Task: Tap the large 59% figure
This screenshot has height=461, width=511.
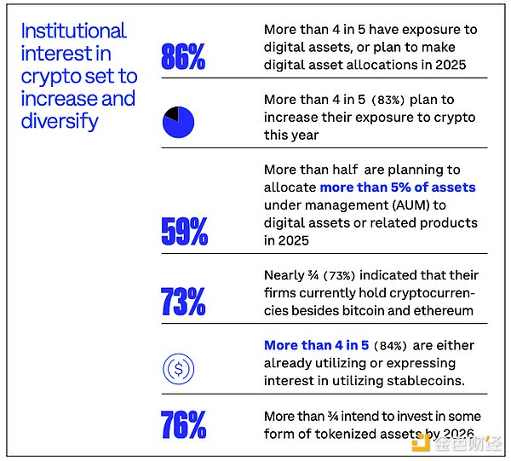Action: coord(183,232)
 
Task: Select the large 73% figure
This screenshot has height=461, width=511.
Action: coord(183,301)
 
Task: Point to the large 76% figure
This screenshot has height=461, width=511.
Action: coord(183,424)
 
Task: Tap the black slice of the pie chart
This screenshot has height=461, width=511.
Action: coord(171,113)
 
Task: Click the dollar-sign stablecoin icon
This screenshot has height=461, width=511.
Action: coord(179,368)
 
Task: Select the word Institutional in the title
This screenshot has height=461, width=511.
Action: coord(73,32)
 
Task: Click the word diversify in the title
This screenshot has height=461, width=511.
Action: coord(60,121)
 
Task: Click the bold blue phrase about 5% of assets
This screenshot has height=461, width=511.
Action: coord(397,187)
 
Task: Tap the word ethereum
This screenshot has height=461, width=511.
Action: coord(442,310)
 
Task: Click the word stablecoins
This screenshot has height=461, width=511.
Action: coord(423,380)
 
